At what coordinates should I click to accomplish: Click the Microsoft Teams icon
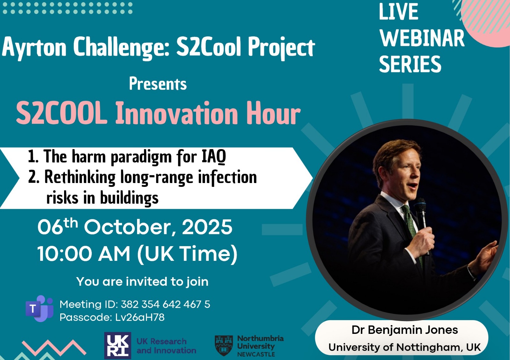(40, 308)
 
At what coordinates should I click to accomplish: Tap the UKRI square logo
(118, 345)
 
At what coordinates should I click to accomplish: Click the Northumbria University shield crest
(224, 345)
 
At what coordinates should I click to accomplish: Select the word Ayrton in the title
(34, 48)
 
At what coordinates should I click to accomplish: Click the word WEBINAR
(422, 38)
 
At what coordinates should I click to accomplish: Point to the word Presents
(158, 84)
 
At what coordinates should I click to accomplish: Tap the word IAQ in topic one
(214, 157)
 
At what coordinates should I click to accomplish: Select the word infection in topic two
(228, 177)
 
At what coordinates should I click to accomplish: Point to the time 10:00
(64, 254)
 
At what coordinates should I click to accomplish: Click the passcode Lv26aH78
(140, 317)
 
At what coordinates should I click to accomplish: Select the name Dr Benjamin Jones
(404, 330)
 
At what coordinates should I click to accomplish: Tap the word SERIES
(410, 64)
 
